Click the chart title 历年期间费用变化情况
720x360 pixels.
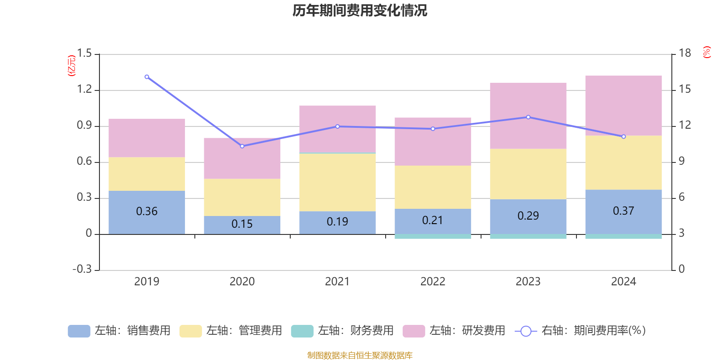tap(360, 10)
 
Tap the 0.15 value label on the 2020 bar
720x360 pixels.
tap(242, 224)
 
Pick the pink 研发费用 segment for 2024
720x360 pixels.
tap(623, 106)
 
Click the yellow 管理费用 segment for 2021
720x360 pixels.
tap(337, 182)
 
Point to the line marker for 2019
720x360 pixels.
tap(147, 77)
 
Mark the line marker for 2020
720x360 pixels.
tap(242, 146)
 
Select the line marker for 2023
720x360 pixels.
tap(528, 117)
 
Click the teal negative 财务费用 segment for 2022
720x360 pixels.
tap(432, 236)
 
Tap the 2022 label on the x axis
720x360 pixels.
tap(432, 281)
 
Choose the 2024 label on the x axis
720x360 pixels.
tap(623, 281)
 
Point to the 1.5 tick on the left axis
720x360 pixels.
tap(84, 54)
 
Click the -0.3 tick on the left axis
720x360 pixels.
tap(82, 269)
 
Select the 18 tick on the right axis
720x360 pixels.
tap(685, 53)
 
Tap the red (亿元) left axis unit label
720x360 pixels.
tap(72, 66)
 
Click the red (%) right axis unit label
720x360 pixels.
tap(707, 52)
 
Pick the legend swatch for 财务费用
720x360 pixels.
tap(302, 331)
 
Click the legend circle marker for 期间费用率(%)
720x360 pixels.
tap(526, 331)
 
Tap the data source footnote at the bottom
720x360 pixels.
tap(360, 355)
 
